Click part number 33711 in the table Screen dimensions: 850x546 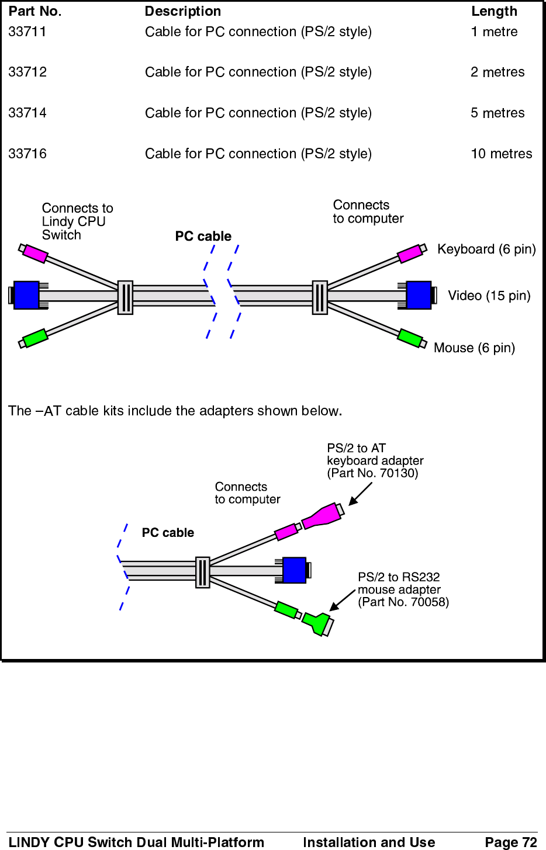pos(27,32)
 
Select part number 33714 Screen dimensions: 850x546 pos(27,113)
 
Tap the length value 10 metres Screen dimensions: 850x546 pos(501,154)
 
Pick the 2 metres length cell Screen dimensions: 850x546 pos(497,72)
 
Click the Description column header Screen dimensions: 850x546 pos(183,11)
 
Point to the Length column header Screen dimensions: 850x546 pos(494,11)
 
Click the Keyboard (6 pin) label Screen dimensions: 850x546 pos(486,249)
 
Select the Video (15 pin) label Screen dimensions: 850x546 pos(489,296)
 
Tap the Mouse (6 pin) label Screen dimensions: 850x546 pos(474,348)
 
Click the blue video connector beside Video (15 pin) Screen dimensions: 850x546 pos(419,295)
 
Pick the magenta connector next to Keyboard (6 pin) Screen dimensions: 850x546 pos(410,254)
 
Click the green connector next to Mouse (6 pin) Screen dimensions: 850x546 pos(410,338)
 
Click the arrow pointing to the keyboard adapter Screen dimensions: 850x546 pos(360,494)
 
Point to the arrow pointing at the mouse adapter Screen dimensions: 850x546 pos(342,601)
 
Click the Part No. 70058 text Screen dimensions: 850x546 pos(403,602)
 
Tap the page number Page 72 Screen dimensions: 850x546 pos(510,842)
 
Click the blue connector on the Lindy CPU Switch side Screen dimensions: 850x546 pos(26,295)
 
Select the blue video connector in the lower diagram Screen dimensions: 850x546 pos(294,570)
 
